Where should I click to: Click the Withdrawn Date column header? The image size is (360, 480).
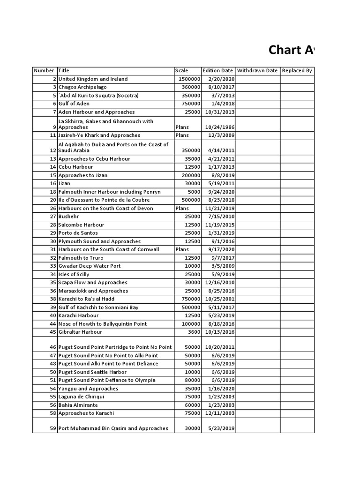click(x=257, y=71)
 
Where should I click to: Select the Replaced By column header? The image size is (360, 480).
click(x=296, y=71)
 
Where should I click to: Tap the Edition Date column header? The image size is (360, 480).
click(x=218, y=71)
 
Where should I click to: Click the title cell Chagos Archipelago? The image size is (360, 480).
click(x=82, y=87)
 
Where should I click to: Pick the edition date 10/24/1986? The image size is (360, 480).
click(x=220, y=127)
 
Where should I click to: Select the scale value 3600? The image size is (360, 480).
click(x=195, y=332)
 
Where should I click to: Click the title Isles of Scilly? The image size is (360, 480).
click(x=74, y=274)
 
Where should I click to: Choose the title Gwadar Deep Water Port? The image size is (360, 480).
click(x=90, y=266)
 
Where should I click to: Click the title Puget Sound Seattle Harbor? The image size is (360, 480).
click(x=92, y=372)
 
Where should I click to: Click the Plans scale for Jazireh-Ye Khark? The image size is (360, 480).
click(x=182, y=135)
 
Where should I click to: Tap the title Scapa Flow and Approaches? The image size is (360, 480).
click(x=93, y=283)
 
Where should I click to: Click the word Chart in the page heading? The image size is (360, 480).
click(x=284, y=50)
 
